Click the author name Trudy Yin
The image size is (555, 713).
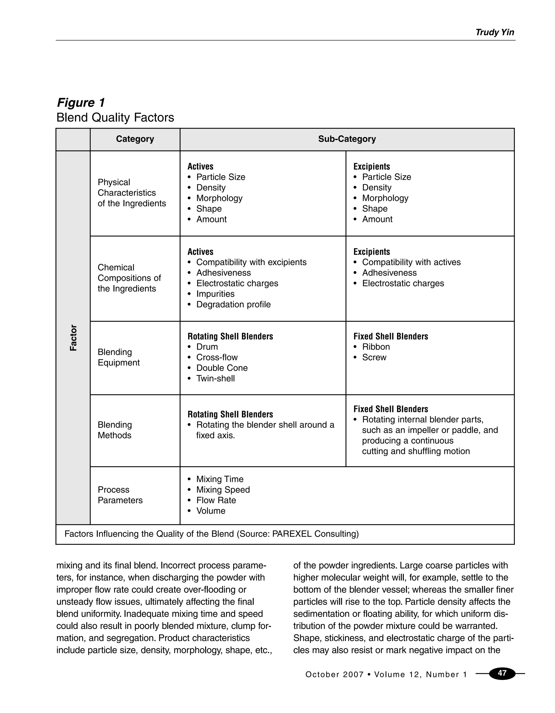[495, 32]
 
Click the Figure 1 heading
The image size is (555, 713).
[81, 103]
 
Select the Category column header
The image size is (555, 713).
[135, 139]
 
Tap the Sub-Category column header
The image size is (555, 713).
[347, 139]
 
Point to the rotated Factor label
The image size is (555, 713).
[73, 338]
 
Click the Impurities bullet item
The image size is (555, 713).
[215, 294]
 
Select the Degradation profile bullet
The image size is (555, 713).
[233, 304]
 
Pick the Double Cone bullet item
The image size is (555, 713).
[222, 368]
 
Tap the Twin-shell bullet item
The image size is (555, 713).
[215, 378]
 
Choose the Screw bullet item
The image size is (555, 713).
[374, 357]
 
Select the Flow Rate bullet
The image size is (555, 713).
[216, 500]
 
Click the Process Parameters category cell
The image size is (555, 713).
[120, 495]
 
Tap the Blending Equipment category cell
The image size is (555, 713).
[119, 357]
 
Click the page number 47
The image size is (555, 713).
[502, 673]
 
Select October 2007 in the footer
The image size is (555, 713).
[334, 675]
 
